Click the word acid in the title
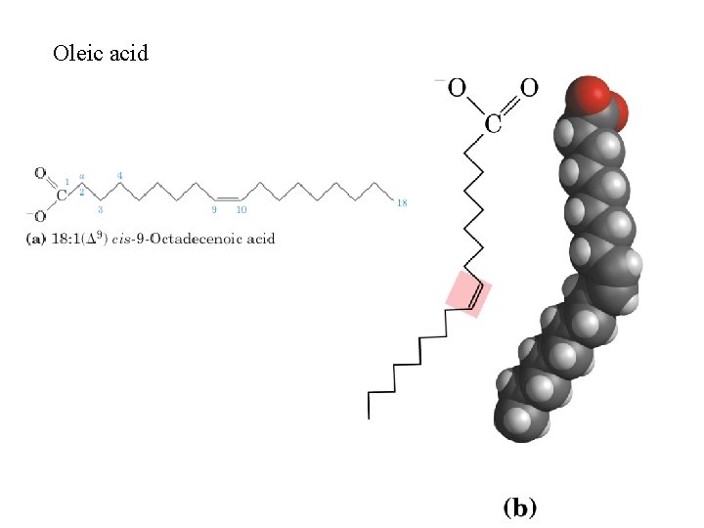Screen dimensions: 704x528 point(127,53)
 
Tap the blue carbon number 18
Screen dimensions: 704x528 point(402,202)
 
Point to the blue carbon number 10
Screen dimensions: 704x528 point(241,209)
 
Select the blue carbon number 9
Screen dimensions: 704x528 point(214,209)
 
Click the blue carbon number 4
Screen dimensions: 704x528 point(119,176)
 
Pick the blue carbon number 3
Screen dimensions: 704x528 point(101,208)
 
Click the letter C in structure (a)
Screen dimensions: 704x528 point(61,195)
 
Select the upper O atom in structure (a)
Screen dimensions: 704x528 point(40,174)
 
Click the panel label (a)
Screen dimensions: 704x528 point(34,238)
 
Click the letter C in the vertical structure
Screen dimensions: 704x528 point(494,122)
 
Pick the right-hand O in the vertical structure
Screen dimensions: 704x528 point(528,88)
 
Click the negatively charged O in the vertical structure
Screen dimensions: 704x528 point(456,88)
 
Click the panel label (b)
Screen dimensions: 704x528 point(519,506)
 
